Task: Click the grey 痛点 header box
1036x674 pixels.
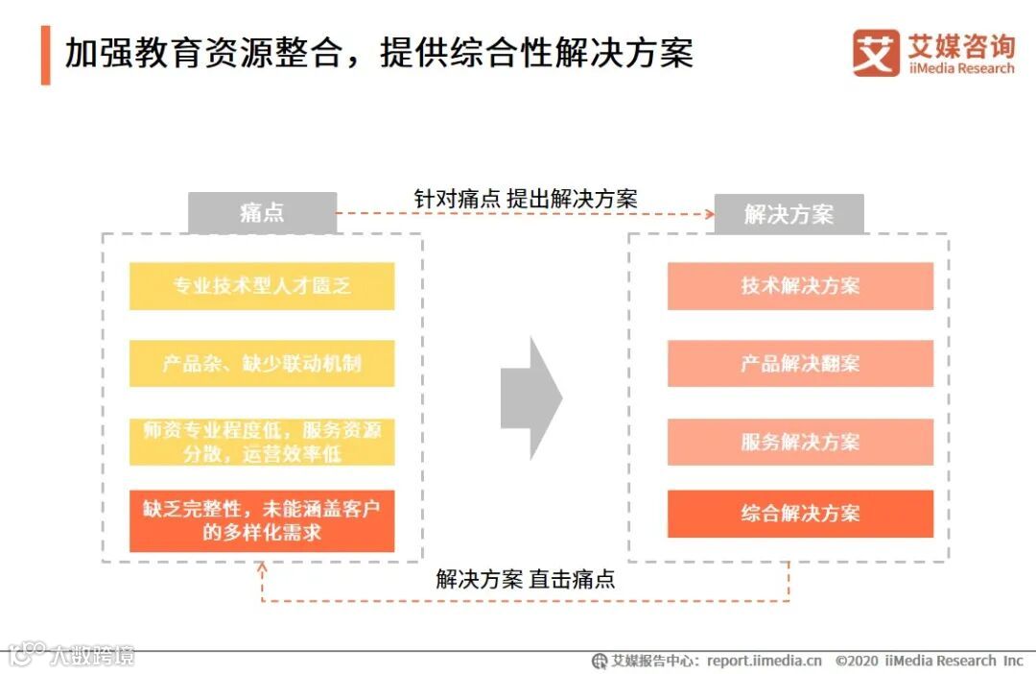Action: pyautogui.click(x=262, y=213)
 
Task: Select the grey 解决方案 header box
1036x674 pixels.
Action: pyautogui.click(x=789, y=214)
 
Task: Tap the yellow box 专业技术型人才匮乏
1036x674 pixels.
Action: pyautogui.click(x=262, y=286)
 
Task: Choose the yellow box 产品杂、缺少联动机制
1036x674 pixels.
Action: pyautogui.click(x=262, y=364)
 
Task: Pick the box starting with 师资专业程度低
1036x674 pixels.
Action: pyautogui.click(x=262, y=442)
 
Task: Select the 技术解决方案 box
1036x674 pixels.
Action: pyautogui.click(x=800, y=286)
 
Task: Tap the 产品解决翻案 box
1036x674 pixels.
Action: pyautogui.click(x=800, y=364)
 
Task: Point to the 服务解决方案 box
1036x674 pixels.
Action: pyautogui.click(x=800, y=442)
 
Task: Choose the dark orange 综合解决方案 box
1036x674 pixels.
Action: pyautogui.click(x=800, y=514)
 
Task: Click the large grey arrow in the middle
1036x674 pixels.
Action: pyautogui.click(x=530, y=397)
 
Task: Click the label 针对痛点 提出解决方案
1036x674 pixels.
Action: pyautogui.click(x=526, y=199)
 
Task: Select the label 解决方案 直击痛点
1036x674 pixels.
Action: pyautogui.click(x=526, y=579)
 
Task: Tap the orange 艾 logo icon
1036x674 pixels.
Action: pyautogui.click(x=875, y=53)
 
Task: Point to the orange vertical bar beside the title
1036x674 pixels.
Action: pyautogui.click(x=45, y=55)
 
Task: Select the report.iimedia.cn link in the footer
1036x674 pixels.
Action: pyautogui.click(x=765, y=661)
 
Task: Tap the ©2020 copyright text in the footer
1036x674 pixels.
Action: pyautogui.click(x=929, y=661)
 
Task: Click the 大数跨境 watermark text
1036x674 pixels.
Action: pyautogui.click(x=92, y=656)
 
